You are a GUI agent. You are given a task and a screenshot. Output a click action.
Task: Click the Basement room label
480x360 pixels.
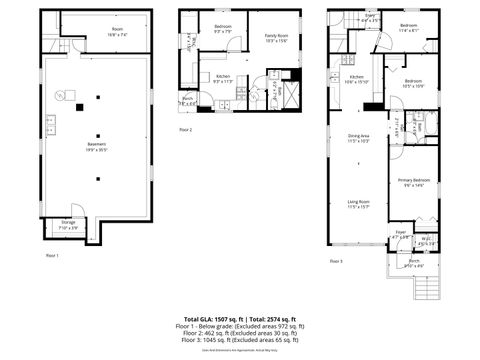click(97, 145)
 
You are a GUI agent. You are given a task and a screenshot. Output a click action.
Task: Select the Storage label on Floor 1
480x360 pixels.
click(68, 223)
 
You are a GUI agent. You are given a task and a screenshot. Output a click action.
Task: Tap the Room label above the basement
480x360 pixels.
click(118, 30)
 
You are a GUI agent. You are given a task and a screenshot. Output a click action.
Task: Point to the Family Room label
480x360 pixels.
click(275, 37)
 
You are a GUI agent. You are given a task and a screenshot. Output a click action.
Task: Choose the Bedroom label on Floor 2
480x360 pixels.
click(222, 27)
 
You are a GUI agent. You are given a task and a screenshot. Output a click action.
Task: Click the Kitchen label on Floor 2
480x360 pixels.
click(223, 78)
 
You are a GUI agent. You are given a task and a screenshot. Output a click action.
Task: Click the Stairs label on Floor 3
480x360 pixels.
click(369, 17)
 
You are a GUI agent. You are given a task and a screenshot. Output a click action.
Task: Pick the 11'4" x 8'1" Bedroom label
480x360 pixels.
click(408, 27)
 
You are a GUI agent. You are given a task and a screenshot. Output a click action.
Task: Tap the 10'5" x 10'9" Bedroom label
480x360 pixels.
click(414, 83)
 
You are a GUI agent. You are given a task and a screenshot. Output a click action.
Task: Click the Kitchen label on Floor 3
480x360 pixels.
click(355, 79)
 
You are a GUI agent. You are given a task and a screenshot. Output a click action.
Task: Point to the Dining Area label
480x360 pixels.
click(358, 137)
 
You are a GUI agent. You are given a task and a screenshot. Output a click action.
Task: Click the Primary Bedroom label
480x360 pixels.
click(414, 182)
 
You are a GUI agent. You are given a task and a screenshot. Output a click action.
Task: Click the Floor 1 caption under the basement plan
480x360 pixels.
click(53, 257)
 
